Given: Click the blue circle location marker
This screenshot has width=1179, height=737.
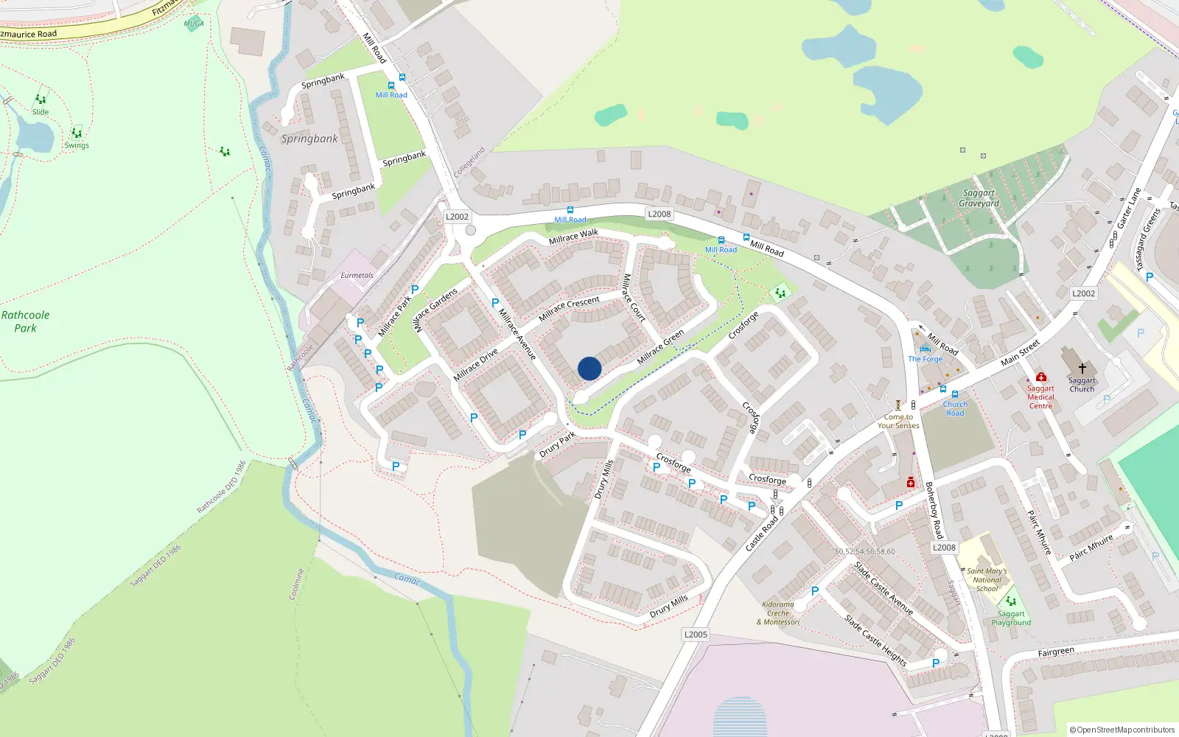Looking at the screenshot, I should pyautogui.click(x=589, y=368).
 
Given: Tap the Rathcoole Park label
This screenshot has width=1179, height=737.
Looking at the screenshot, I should pyautogui.click(x=25, y=321).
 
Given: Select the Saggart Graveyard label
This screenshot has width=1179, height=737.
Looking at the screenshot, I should pyautogui.click(x=979, y=198).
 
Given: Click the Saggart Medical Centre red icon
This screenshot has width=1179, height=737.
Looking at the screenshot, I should pyautogui.click(x=1040, y=377).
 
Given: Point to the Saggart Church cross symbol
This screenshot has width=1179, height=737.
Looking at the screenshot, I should pyautogui.click(x=1082, y=368).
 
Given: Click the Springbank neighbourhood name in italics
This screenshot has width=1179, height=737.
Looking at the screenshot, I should pyautogui.click(x=309, y=139).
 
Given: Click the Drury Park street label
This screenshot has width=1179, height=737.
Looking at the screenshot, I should pyautogui.click(x=557, y=445).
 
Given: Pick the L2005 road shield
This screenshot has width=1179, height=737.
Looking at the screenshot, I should pyautogui.click(x=696, y=635).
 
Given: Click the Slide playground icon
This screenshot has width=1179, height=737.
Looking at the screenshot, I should pyautogui.click(x=41, y=99).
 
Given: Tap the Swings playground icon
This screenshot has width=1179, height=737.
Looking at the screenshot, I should pyautogui.click(x=77, y=133).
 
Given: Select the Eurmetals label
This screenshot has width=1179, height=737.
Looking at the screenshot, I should pyautogui.click(x=357, y=276).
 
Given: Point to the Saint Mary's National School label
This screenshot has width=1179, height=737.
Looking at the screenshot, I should pyautogui.click(x=987, y=579).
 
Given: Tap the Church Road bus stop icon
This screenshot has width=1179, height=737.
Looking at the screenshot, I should pyautogui.click(x=955, y=394).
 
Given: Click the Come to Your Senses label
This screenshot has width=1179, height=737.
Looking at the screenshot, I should pyautogui.click(x=898, y=421).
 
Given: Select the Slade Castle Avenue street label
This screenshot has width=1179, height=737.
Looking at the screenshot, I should pyautogui.click(x=884, y=588).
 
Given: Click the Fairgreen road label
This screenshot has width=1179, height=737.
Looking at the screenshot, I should pyautogui.click(x=1056, y=652).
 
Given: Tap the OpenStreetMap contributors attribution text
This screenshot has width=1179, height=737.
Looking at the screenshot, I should pyautogui.click(x=1122, y=730).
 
